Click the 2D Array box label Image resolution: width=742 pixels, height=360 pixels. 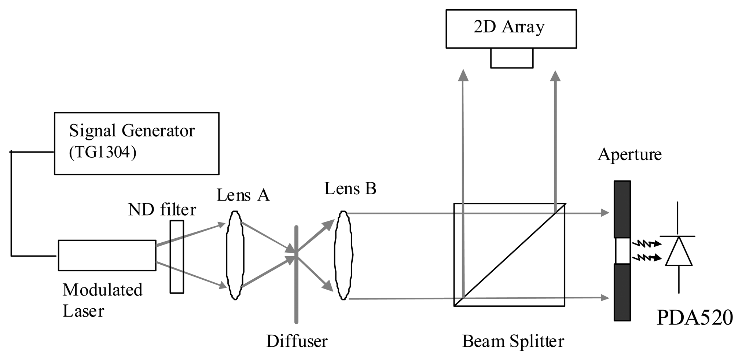509,27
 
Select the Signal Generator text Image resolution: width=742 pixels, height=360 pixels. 132,131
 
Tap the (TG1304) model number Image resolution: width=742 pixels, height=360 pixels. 103,152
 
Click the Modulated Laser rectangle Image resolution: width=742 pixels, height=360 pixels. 107,255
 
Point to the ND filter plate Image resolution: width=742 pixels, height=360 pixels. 177,257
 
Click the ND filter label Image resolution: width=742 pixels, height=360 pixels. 162,210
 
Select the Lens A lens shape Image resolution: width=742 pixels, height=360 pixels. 235,256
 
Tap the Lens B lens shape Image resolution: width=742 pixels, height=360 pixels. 343,255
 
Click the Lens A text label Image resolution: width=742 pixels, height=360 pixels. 243,195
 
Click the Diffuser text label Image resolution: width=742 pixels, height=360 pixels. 297,341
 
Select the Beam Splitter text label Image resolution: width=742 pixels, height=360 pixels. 513,341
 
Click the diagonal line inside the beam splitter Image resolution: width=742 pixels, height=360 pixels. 510,254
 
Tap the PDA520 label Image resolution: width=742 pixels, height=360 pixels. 694,317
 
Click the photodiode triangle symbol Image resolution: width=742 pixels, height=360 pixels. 679,252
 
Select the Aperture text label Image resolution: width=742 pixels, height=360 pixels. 629,154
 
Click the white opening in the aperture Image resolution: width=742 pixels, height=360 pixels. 622,251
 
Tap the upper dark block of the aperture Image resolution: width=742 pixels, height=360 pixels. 622,209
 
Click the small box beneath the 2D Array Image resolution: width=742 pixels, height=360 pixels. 511,58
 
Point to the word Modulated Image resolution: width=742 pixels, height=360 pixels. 102,290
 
